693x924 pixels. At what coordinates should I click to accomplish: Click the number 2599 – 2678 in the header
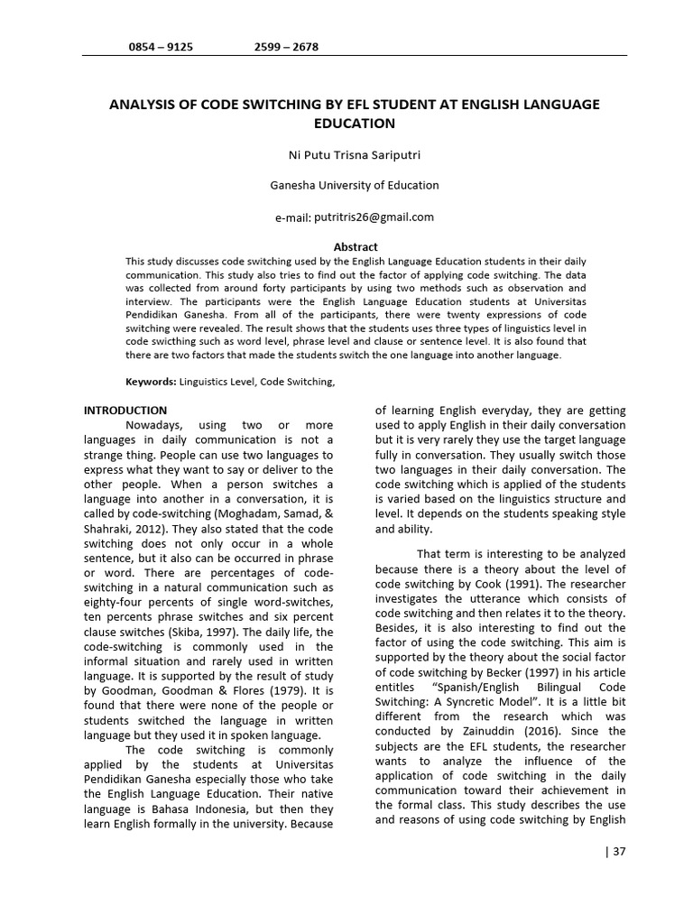[x=286, y=46]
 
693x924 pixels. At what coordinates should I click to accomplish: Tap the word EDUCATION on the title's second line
[x=355, y=123]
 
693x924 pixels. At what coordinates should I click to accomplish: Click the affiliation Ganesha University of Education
[x=355, y=185]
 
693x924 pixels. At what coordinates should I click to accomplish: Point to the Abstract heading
[x=356, y=246]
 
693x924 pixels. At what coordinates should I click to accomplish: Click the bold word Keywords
[x=150, y=382]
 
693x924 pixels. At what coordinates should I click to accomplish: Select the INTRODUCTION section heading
[x=125, y=411]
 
